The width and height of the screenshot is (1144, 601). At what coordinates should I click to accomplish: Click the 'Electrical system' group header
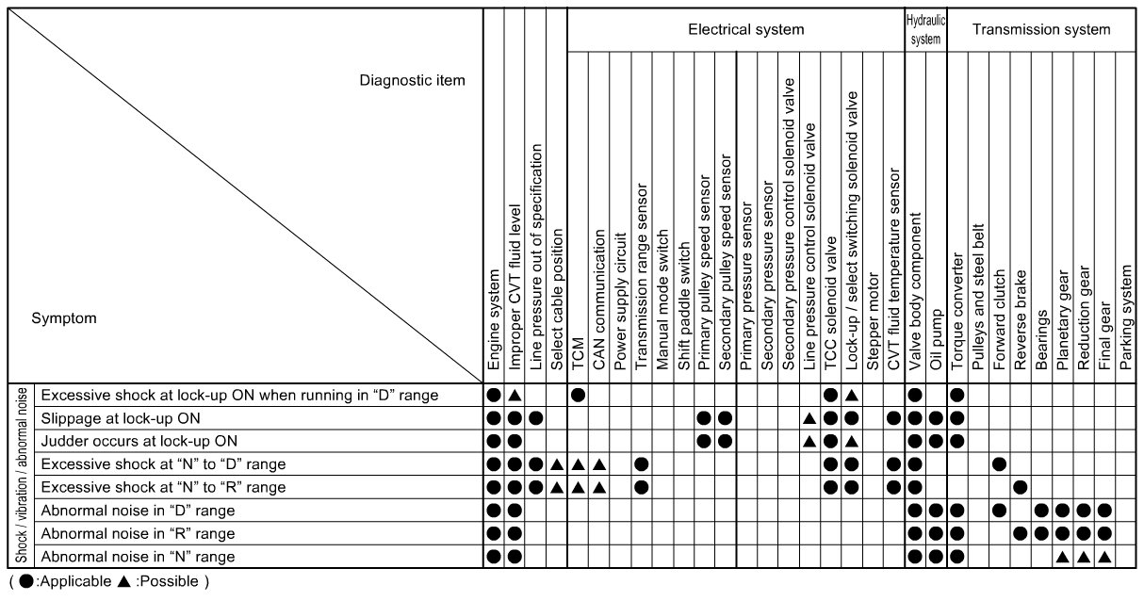click(745, 29)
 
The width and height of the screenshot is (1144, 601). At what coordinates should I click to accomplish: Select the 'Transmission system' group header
click(1041, 29)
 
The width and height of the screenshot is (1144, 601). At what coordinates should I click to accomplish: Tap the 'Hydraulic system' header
click(925, 29)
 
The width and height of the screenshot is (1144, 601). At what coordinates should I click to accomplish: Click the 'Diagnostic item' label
click(412, 80)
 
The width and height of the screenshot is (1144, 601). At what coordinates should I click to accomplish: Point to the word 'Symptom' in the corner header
click(64, 318)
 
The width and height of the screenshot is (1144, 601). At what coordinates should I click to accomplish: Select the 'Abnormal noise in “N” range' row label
click(138, 556)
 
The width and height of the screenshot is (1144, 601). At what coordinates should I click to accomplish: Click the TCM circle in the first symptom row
click(578, 394)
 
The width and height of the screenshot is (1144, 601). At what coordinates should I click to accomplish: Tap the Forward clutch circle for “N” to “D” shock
click(999, 463)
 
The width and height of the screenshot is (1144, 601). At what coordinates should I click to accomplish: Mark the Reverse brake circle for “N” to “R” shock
click(1021, 487)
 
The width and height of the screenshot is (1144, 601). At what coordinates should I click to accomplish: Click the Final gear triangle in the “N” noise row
click(1104, 556)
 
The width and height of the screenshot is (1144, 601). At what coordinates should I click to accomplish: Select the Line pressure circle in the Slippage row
click(536, 417)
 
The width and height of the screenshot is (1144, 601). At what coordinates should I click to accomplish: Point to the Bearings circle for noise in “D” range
click(1041, 510)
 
